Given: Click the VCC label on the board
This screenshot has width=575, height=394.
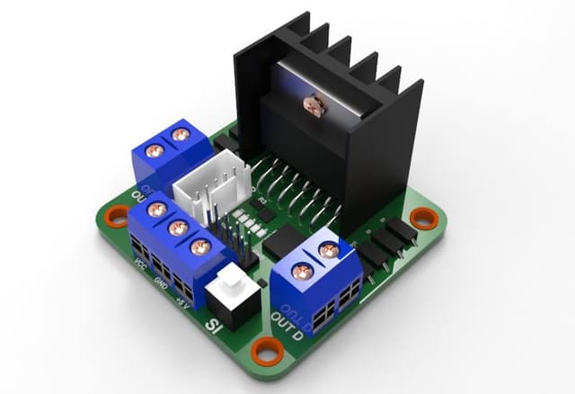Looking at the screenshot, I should (x=139, y=264).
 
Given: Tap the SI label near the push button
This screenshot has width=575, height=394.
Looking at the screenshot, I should (x=215, y=327).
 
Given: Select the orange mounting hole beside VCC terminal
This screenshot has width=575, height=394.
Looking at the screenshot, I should (x=116, y=217).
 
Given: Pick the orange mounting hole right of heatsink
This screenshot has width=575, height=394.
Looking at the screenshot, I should (x=421, y=218).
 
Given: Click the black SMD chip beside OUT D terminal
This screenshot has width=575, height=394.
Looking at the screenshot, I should (x=286, y=239).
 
